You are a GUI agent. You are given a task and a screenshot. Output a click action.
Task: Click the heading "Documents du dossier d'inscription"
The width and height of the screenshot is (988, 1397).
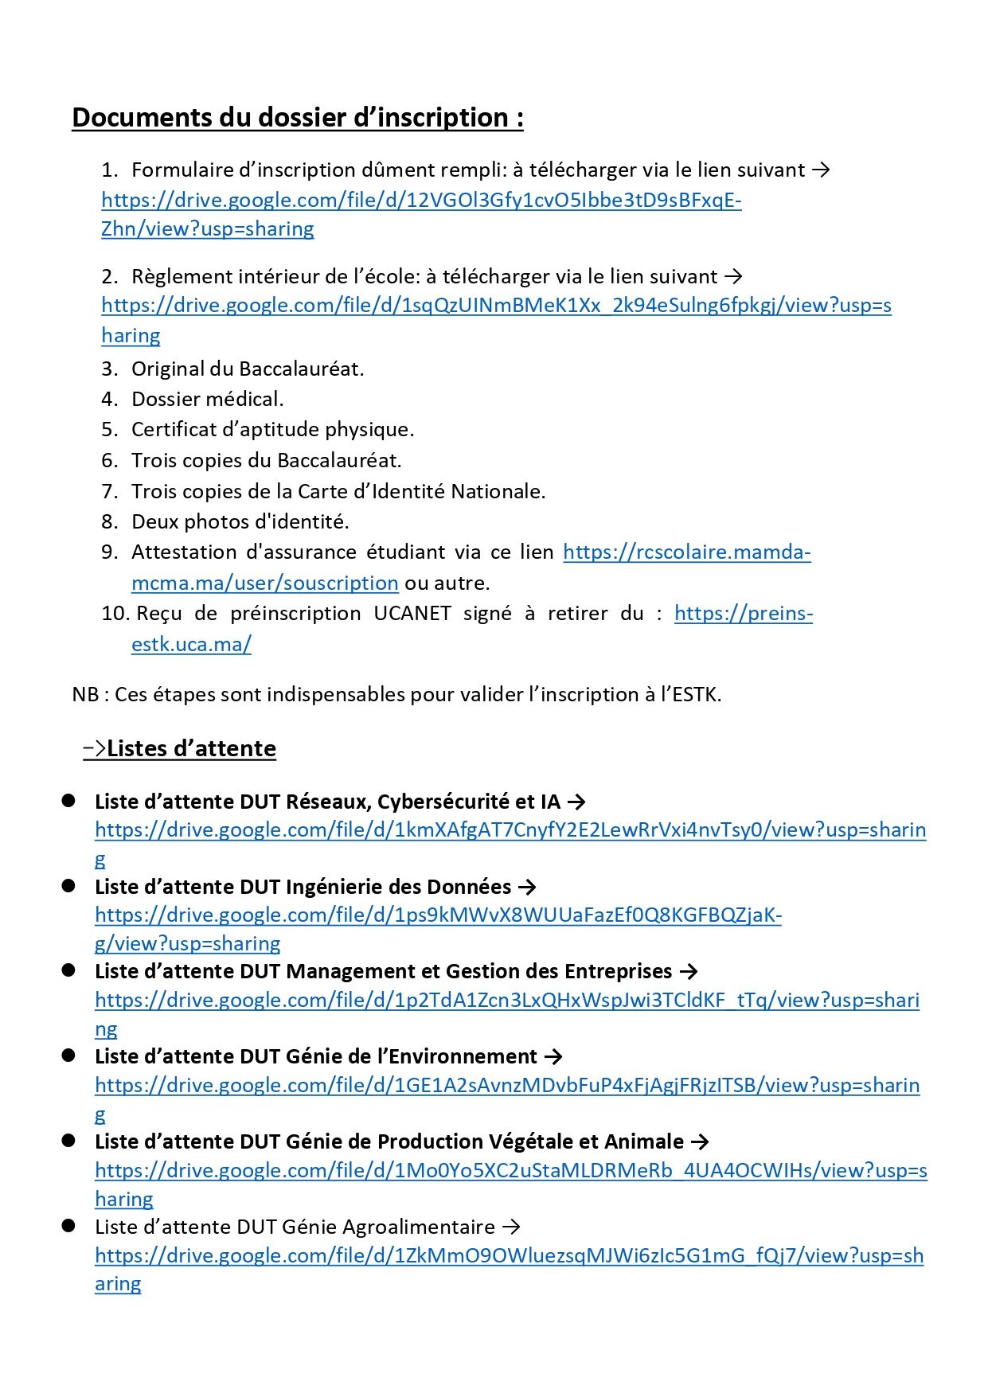coord(297,118)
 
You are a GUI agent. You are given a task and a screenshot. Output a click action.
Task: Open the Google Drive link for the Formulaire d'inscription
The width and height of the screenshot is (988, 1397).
coord(420,200)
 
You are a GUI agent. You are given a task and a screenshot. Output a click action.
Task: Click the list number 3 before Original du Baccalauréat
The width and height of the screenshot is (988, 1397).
coord(109,369)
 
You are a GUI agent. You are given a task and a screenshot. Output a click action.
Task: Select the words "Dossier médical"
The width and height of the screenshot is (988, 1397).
coord(207,399)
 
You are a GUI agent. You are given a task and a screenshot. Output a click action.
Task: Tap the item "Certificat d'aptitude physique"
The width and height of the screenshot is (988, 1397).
coord(272,430)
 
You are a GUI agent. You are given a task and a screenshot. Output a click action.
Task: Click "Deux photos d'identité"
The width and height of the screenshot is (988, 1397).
coord(240,522)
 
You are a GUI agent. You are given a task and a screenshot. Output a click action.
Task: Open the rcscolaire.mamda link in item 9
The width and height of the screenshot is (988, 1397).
coord(686,552)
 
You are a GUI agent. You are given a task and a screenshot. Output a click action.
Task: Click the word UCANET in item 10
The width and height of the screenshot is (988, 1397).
coord(412,614)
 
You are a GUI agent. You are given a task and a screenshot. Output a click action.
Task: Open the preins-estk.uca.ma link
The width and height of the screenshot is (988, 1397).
coord(743,614)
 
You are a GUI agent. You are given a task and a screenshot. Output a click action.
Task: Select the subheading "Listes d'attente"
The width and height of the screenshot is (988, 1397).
coord(191,749)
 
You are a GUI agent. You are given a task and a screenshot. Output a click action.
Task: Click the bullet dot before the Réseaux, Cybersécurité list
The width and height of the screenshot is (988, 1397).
coord(68,800)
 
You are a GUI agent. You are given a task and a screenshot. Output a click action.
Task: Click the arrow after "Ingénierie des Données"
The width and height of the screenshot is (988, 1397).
coord(527,887)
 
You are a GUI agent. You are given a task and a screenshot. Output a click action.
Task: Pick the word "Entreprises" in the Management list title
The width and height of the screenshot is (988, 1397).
coord(618,972)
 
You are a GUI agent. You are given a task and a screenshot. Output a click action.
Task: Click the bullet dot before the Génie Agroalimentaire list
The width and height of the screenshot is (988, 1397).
coord(68,1226)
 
